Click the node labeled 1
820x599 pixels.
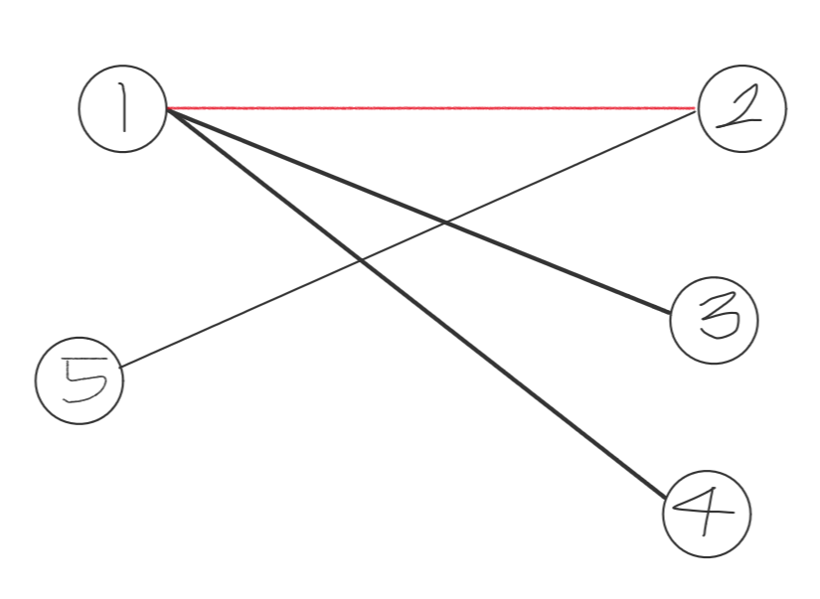point(122,109)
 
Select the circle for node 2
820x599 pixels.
point(741,108)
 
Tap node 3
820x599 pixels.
point(715,321)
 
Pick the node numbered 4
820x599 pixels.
point(707,514)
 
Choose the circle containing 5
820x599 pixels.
point(80,381)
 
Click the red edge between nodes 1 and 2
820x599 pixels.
point(427,107)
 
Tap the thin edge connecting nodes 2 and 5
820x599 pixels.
point(248,309)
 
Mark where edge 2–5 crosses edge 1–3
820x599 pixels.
point(443,223)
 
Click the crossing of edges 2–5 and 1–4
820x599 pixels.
point(359,260)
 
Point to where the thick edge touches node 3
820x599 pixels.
point(674,315)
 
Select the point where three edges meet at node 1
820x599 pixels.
point(167,108)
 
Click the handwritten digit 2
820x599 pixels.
point(741,108)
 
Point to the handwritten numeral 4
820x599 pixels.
point(707,514)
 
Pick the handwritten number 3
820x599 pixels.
point(716,321)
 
